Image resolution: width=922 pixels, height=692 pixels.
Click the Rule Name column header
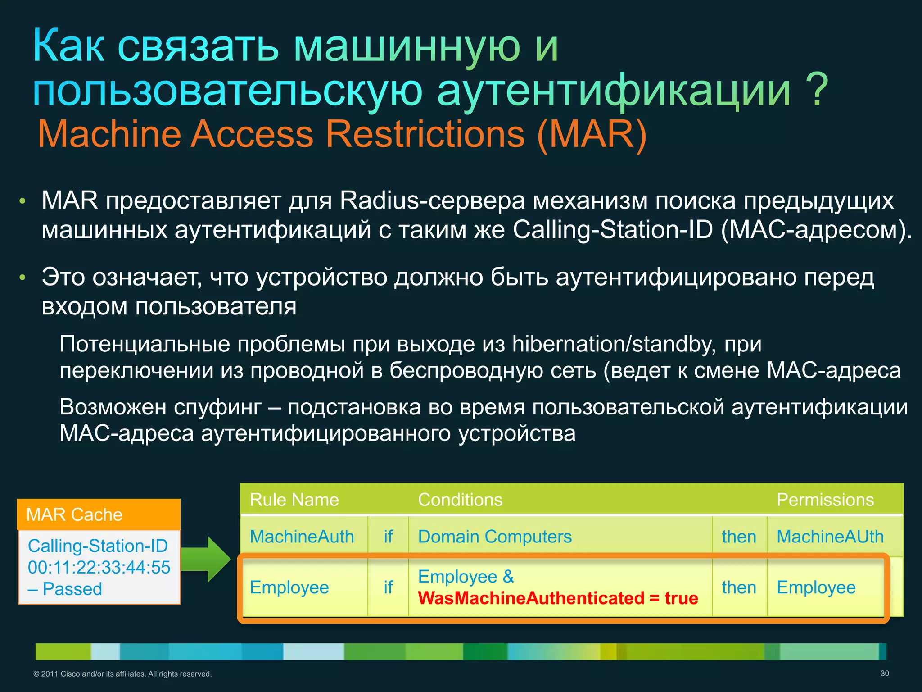pos(294,500)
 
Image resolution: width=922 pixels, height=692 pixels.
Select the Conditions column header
pos(460,500)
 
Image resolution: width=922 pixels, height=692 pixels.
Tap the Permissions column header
pos(825,500)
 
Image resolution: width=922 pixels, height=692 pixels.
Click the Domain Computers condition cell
pos(494,537)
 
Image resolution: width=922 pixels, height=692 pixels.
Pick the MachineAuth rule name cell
pos(302,537)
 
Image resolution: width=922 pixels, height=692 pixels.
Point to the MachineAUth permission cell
pos(830,537)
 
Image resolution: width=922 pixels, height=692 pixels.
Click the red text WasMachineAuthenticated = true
pos(558,598)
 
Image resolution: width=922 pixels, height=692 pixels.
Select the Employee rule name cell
pos(289,587)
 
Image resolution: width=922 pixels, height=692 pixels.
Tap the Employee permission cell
pos(816,587)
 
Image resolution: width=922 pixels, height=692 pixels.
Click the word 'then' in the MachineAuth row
pos(739,537)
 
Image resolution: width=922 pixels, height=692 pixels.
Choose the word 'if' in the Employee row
pos(388,587)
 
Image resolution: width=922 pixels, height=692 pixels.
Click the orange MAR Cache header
pos(98,514)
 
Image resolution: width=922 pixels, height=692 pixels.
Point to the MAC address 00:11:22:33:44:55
pos(99,567)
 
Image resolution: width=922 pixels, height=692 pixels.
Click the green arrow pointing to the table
pos(207,559)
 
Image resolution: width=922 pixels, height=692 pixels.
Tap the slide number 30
pos(884,674)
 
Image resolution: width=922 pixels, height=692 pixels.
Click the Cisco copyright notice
pos(122,674)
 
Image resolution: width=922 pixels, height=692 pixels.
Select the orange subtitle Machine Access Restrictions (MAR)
pos(342,134)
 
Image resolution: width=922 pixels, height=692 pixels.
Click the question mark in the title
pos(816,90)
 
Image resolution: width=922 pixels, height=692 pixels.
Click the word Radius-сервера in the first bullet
pos(432,200)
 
